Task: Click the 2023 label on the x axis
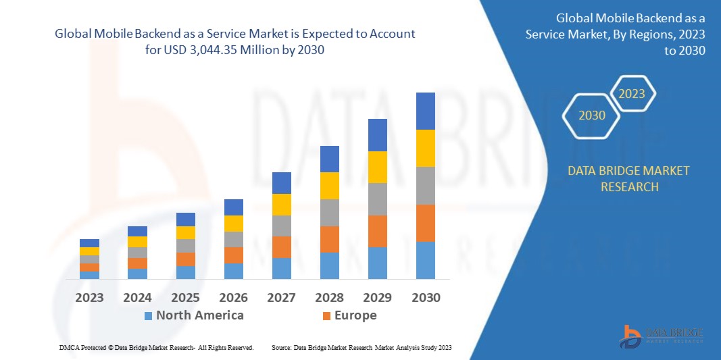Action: (89, 297)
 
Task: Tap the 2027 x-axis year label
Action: (282, 297)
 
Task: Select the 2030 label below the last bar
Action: (426, 297)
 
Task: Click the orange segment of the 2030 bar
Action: (426, 223)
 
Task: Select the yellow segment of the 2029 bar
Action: (378, 167)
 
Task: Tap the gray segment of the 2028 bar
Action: (330, 212)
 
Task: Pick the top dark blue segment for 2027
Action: (282, 182)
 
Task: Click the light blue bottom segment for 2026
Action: (234, 271)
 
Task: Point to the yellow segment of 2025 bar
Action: (186, 232)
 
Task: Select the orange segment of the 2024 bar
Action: (138, 263)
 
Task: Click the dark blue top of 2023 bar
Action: (89, 243)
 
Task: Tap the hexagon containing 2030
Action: (592, 115)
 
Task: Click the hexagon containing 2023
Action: (632, 94)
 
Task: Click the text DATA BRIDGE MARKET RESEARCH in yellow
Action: (629, 178)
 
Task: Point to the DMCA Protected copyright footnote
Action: (156, 347)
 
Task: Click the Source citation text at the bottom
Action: (361, 347)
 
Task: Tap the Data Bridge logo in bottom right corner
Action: (662, 336)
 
